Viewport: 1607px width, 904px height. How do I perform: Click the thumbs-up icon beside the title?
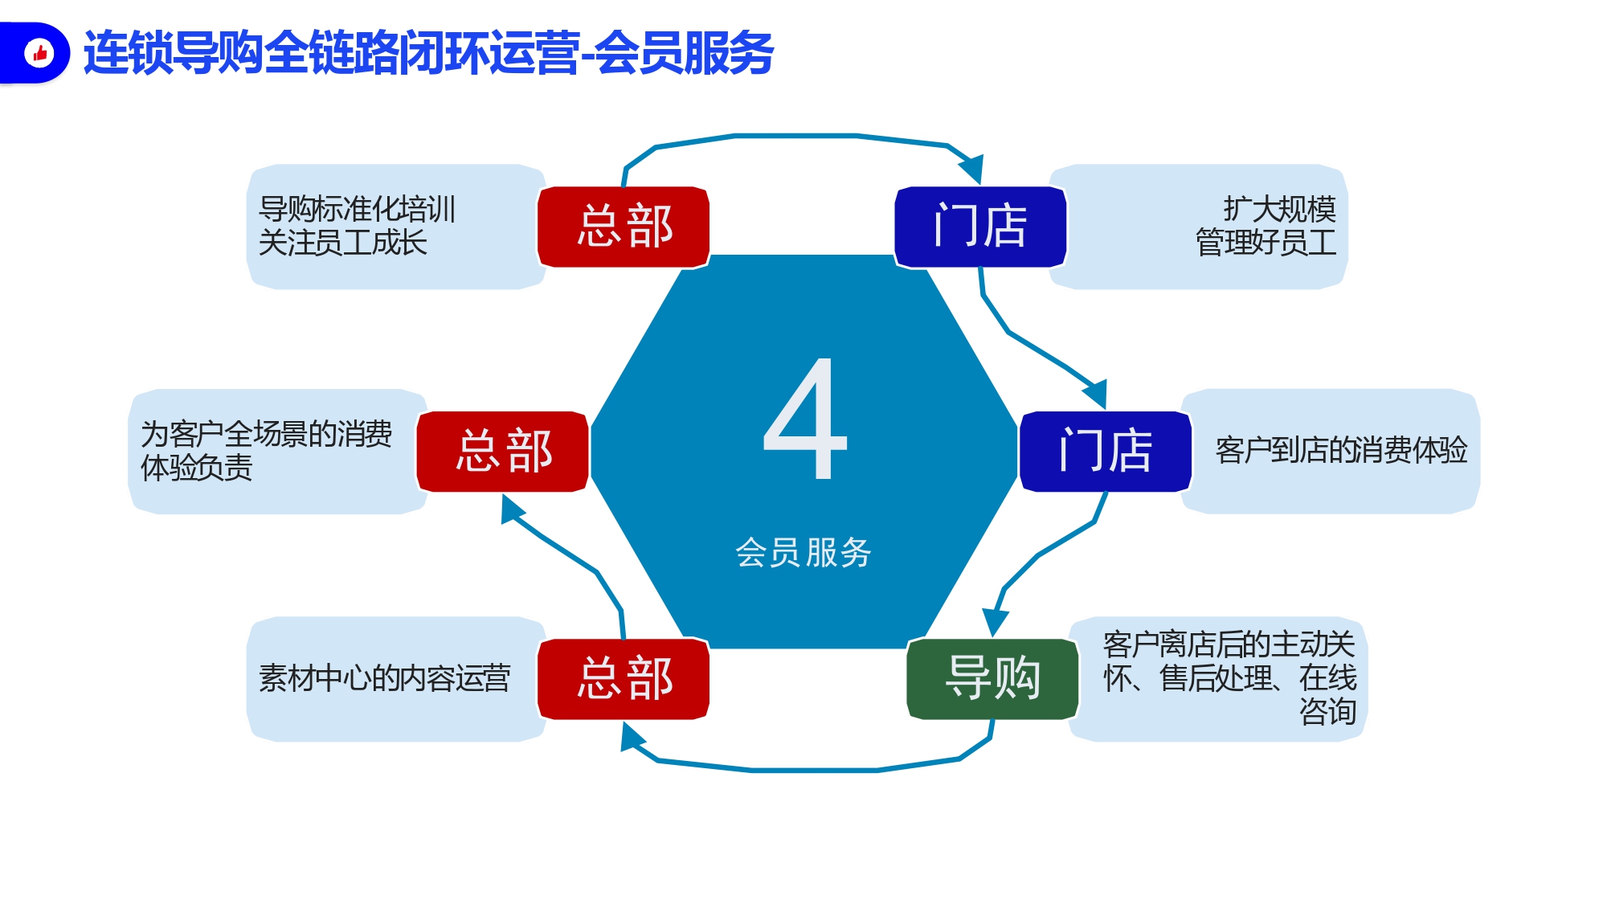click(x=39, y=53)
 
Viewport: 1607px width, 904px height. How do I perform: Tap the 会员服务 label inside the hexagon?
click(x=803, y=553)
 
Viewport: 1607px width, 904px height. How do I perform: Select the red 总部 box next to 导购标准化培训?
click(x=624, y=227)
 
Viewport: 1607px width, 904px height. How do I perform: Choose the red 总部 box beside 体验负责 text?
click(x=503, y=452)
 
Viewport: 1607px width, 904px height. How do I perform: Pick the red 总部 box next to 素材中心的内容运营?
click(x=624, y=679)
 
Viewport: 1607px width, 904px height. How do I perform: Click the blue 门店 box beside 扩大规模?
click(x=980, y=227)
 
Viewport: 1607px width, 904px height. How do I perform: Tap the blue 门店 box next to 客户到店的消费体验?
click(x=1106, y=452)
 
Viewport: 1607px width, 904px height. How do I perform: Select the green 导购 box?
click(x=993, y=679)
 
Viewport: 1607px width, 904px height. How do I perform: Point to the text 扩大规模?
click(x=1280, y=209)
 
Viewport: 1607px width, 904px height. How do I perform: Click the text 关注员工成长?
click(x=343, y=243)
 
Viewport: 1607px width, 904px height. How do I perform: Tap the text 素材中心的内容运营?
click(x=385, y=678)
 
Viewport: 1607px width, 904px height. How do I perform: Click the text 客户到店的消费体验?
click(x=1341, y=450)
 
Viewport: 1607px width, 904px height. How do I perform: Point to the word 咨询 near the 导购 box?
click(x=1328, y=712)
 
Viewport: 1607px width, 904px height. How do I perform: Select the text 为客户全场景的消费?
click(x=267, y=434)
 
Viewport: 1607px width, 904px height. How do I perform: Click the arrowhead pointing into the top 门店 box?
click(x=971, y=169)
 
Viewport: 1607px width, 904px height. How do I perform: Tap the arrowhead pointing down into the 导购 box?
click(x=996, y=622)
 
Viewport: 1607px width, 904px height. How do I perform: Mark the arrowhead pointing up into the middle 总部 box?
click(x=511, y=509)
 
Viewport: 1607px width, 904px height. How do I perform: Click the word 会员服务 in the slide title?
click(x=684, y=53)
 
